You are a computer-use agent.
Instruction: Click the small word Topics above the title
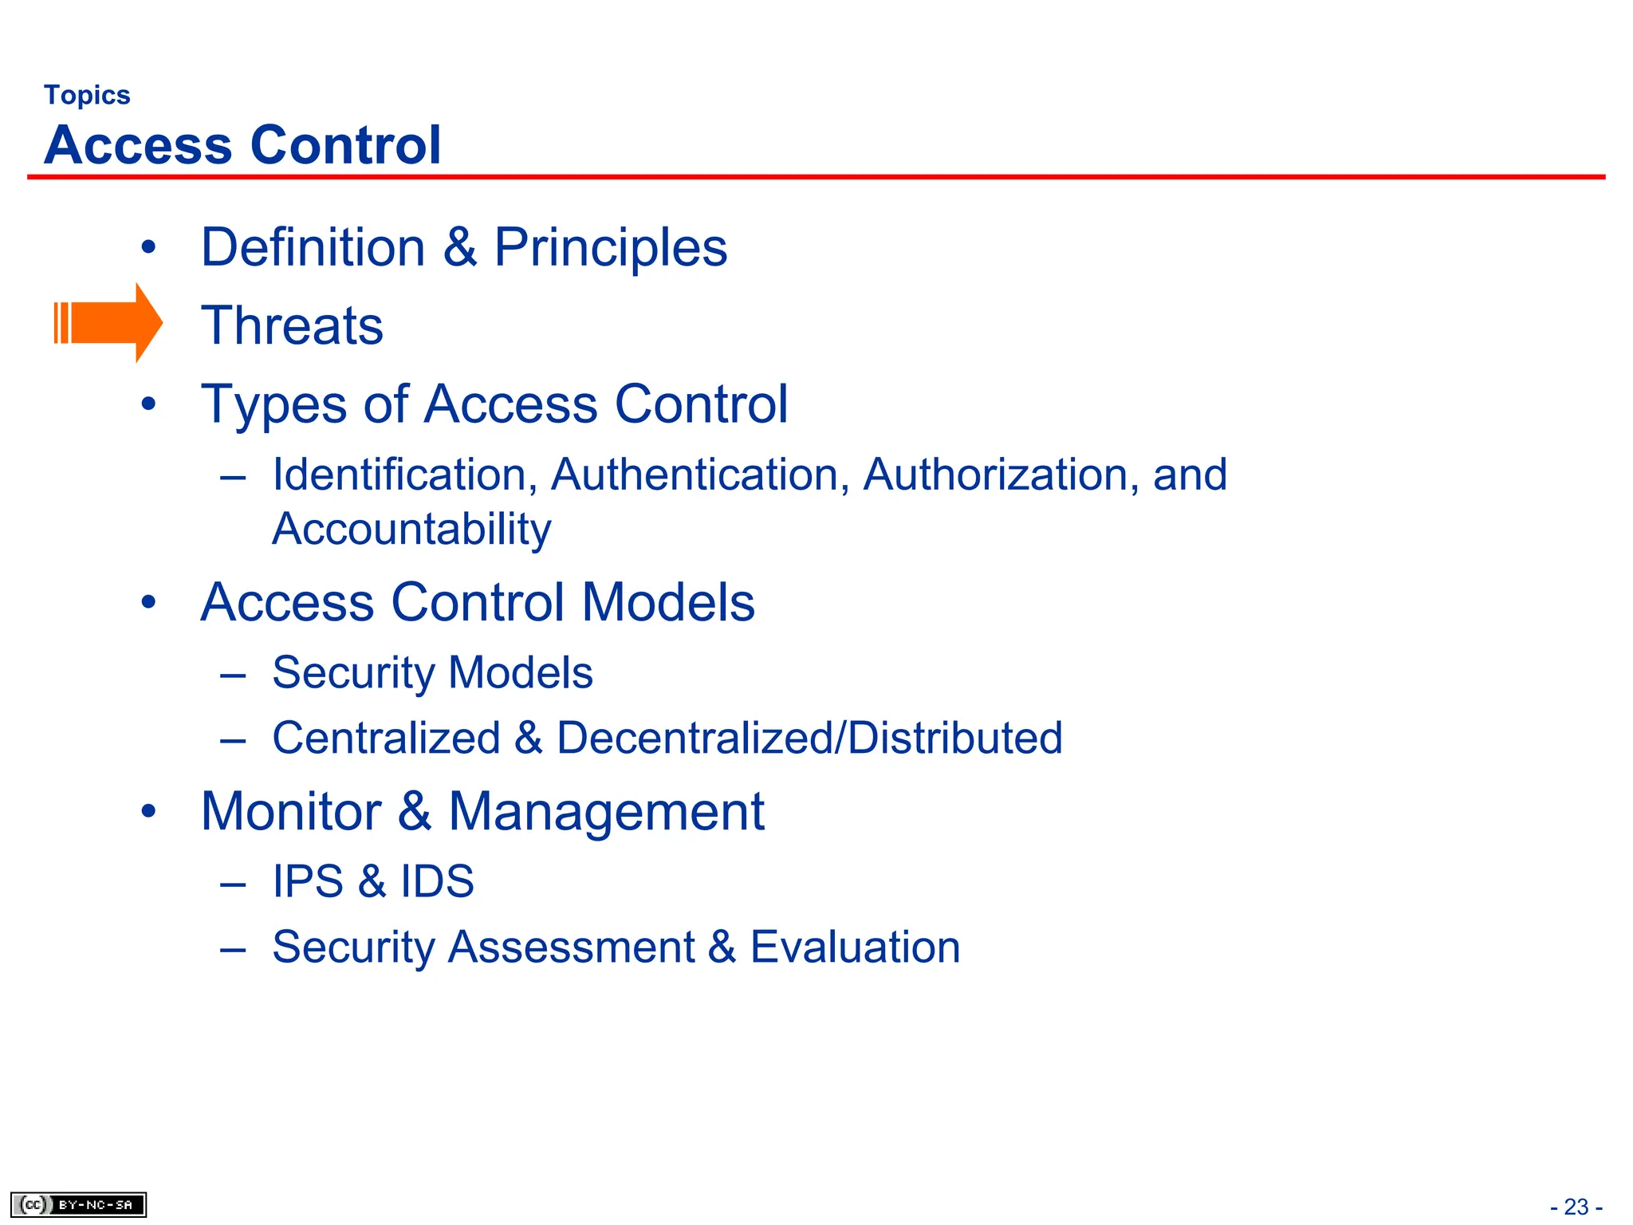pyautogui.click(x=87, y=95)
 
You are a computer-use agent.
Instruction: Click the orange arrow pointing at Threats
pyautogui.click(x=108, y=323)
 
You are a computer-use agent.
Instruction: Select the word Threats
pyautogui.click(x=292, y=325)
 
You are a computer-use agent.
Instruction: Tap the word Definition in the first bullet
pyautogui.click(x=313, y=247)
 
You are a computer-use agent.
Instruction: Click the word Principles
pyautogui.click(x=610, y=247)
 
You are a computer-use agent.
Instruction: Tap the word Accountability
pyautogui.click(x=411, y=529)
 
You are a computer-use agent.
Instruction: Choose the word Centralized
pyautogui.click(x=386, y=738)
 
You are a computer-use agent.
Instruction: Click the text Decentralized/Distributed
pyautogui.click(x=809, y=738)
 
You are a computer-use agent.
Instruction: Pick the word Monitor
pyautogui.click(x=291, y=812)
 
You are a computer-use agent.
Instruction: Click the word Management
pyautogui.click(x=606, y=812)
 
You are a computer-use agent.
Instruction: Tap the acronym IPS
pyautogui.click(x=308, y=881)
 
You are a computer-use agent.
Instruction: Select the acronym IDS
pyautogui.click(x=437, y=881)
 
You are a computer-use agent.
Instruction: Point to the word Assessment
pyautogui.click(x=571, y=947)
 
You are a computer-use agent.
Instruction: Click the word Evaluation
pyautogui.click(x=855, y=947)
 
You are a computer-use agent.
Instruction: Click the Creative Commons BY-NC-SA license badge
pyautogui.click(x=78, y=1204)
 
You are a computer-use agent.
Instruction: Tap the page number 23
pyautogui.click(x=1576, y=1207)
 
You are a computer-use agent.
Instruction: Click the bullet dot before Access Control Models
pyautogui.click(x=148, y=602)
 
